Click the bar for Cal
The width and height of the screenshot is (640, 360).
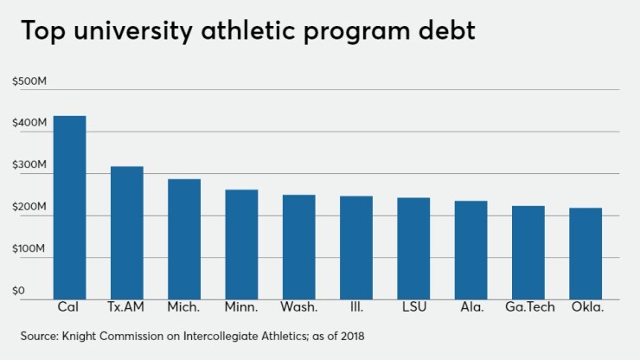(x=69, y=208)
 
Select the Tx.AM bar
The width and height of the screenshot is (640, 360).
(x=126, y=233)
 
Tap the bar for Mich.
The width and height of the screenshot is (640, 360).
(x=183, y=239)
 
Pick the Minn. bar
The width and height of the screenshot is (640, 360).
(x=241, y=244)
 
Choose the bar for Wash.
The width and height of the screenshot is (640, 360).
(x=298, y=247)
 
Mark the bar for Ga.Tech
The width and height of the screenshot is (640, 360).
(x=528, y=252)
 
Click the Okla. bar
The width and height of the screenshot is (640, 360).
(x=586, y=253)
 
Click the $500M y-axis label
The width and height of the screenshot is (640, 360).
(x=29, y=81)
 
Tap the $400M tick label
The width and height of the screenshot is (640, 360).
(x=29, y=124)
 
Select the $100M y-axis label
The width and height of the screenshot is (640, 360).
(x=29, y=249)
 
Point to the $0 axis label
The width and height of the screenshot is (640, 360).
(x=20, y=291)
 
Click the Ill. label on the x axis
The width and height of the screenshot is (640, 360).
(x=356, y=307)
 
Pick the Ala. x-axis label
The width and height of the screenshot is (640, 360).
(x=470, y=307)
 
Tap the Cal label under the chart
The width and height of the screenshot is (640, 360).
(x=69, y=307)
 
